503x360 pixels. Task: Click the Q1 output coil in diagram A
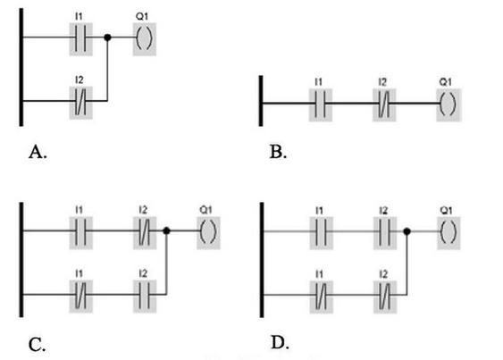pos(145,38)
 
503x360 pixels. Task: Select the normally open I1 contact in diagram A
pos(80,38)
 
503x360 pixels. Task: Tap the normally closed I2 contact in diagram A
pos(80,103)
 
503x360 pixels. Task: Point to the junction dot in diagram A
pos(107,38)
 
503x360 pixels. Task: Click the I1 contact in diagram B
pos(320,105)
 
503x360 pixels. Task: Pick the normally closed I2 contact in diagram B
pos(384,105)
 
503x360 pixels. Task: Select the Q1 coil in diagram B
pos(449,105)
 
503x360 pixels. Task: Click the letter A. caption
pos(38,152)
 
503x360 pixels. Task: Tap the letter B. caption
pos(278,152)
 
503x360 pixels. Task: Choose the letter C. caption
pos(37,345)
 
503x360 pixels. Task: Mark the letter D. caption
pos(280,342)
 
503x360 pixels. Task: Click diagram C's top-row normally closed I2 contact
pos(145,232)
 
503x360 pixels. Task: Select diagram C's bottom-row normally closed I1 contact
pos(80,297)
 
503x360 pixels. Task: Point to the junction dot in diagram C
pos(166,230)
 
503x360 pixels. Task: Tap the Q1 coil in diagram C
pos(208,232)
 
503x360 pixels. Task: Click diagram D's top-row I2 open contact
pos(385,233)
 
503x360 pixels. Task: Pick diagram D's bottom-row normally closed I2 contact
pos(385,297)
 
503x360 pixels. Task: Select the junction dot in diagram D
pos(407,231)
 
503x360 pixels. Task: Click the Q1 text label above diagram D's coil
pos(446,211)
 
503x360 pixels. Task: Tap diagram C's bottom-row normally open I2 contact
pos(145,297)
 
